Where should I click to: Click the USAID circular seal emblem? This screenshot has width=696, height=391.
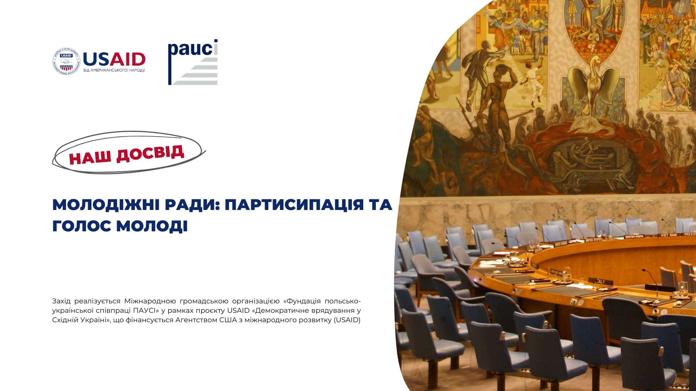[x=66, y=61]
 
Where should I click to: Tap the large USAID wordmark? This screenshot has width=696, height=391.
[x=114, y=59]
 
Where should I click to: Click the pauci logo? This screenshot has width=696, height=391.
[x=192, y=62]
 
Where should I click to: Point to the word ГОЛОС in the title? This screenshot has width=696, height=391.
[x=82, y=226]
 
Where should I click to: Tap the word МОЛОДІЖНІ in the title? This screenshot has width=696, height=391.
[x=106, y=205]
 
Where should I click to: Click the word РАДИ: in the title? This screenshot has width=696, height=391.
[x=192, y=205]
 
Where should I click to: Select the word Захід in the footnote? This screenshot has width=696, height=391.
[x=61, y=301]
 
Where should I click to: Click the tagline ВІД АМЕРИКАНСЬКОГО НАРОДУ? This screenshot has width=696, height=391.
[x=114, y=70]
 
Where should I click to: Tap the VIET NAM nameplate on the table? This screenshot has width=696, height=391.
[x=669, y=235]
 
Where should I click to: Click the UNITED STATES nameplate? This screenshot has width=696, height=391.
[x=593, y=239]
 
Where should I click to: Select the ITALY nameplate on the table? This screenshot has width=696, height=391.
[x=600, y=281]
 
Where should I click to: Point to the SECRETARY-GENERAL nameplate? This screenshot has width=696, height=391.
[x=634, y=236]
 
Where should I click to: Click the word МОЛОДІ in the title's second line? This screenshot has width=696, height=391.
[x=152, y=226]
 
